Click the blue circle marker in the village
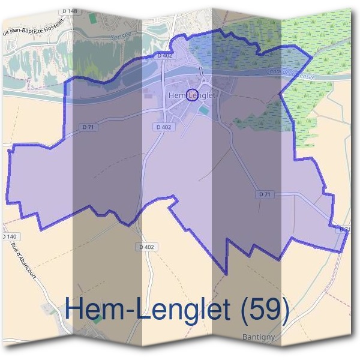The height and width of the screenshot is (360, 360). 192,95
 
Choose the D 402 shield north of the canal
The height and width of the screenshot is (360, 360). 164,55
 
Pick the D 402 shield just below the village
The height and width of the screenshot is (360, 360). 163,127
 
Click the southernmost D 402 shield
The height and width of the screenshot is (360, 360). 146,247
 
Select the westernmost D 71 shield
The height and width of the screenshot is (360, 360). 88,127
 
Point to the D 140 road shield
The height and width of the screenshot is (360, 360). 8,238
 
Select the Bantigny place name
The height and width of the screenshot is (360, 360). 258,337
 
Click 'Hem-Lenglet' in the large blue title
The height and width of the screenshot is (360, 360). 148,310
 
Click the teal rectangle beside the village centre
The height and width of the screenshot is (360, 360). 205,110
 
